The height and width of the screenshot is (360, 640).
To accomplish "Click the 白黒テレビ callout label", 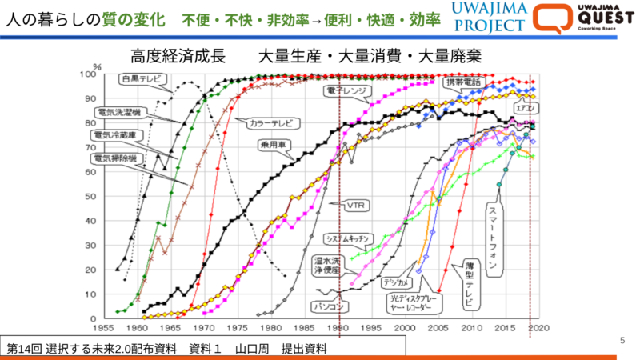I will (x=142, y=79).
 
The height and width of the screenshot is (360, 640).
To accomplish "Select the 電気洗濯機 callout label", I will (x=120, y=111).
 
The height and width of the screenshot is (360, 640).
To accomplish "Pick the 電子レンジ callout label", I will (x=346, y=91).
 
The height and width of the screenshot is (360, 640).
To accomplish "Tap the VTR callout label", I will (x=356, y=205).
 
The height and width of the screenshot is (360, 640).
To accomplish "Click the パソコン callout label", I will (x=329, y=305).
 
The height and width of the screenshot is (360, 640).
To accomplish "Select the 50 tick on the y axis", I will (x=91, y=197).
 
